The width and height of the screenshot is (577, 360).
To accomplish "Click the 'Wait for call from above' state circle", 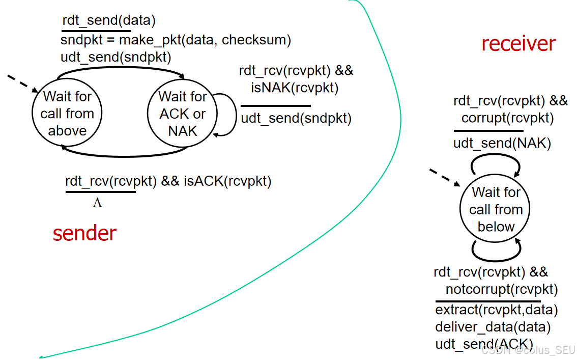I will pyautogui.click(x=67, y=113).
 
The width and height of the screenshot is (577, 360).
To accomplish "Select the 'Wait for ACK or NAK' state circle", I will pyautogui.click(x=182, y=113).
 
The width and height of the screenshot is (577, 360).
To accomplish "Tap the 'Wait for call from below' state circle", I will pyautogui.click(x=496, y=209).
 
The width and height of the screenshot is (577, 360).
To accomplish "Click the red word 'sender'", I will pyautogui.click(x=84, y=233).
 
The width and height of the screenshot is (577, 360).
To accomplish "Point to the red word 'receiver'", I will pyautogui.click(x=518, y=44).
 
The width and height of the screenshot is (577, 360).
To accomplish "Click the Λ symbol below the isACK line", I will pyautogui.click(x=97, y=203).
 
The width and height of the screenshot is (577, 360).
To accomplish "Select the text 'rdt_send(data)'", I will pyautogui.click(x=108, y=21).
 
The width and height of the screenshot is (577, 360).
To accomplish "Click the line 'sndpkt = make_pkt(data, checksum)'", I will pyautogui.click(x=176, y=40).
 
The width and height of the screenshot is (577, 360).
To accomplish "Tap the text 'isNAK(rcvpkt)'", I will pyautogui.click(x=295, y=88).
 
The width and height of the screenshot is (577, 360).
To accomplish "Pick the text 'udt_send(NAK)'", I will pyautogui.click(x=502, y=144).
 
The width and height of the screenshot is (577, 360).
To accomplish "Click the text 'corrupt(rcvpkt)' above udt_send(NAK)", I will pyautogui.click(x=507, y=118).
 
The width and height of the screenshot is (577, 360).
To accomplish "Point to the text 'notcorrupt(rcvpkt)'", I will pyautogui.click(x=502, y=290).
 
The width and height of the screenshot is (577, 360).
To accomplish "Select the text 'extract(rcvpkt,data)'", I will pyautogui.click(x=496, y=310).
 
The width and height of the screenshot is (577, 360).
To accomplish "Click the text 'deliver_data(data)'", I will pyautogui.click(x=493, y=327).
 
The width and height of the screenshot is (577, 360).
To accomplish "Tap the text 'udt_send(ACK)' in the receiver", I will pyautogui.click(x=483, y=344).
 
